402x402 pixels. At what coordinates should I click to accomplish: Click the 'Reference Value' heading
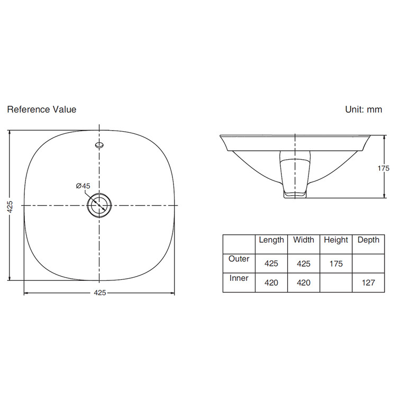point(41,109)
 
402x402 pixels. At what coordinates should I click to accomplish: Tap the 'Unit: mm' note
point(363,109)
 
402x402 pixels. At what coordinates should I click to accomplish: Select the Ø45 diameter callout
point(83,186)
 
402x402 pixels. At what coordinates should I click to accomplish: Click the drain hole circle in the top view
point(99,205)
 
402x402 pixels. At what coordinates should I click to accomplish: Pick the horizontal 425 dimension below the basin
point(99,293)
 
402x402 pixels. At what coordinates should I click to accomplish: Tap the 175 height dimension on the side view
point(383,168)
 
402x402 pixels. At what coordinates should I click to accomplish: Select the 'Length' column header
point(271,240)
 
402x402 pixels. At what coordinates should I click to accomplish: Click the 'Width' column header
point(304,240)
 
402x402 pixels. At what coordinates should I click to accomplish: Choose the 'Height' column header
point(336,240)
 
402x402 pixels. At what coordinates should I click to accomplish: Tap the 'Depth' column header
point(368,240)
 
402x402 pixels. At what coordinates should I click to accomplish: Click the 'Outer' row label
point(239,259)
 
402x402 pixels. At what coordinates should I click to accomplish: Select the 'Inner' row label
point(239,278)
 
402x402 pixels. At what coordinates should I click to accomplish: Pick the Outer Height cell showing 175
point(336,263)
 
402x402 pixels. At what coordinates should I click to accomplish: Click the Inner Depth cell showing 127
point(368,282)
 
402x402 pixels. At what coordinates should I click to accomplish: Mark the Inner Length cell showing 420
point(271,282)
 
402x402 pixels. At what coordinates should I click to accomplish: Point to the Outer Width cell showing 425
point(304,263)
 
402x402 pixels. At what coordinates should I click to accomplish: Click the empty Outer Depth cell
point(368,263)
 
